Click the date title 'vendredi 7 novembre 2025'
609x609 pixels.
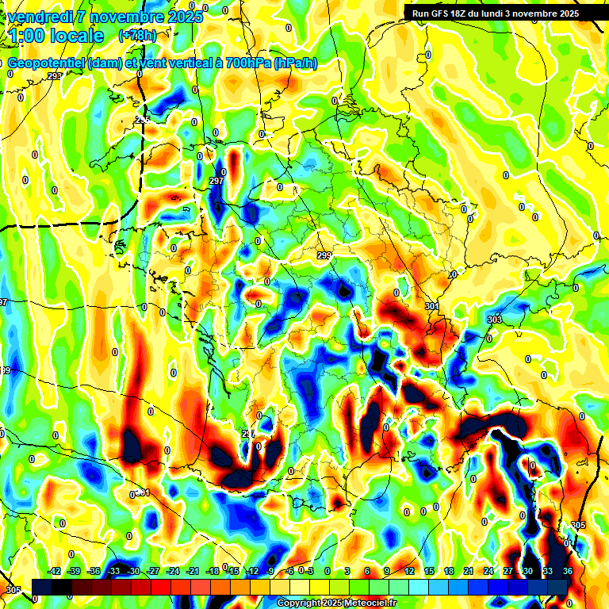tap(105, 17)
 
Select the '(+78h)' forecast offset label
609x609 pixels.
tap(137, 36)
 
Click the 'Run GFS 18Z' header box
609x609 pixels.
tap(492, 13)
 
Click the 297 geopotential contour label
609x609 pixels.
tap(216, 182)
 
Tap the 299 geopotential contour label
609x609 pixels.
tap(324, 255)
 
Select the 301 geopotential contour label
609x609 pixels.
tap(431, 306)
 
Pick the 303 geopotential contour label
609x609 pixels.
tap(494, 320)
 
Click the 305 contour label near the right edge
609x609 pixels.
tap(577, 526)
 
